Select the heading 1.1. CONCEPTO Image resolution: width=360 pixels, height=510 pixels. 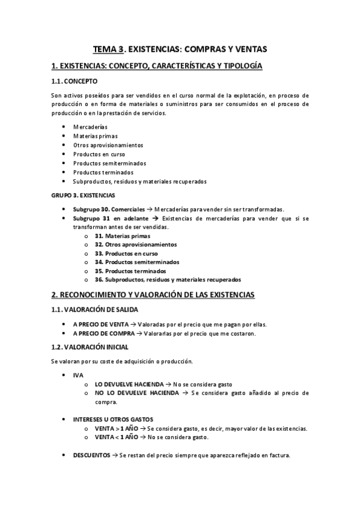73,81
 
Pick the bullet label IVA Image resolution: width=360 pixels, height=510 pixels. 78,375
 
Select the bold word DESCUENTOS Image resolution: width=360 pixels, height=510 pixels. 91,455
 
